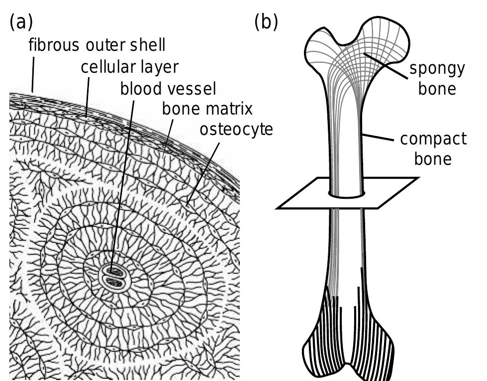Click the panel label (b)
pyautogui.click(x=266, y=23)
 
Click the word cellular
pyautogui.click(x=105, y=67)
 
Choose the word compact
pyautogui.click(x=433, y=138)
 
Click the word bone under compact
pyautogui.click(x=433, y=159)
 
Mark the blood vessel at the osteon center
pyautogui.click(x=115, y=276)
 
